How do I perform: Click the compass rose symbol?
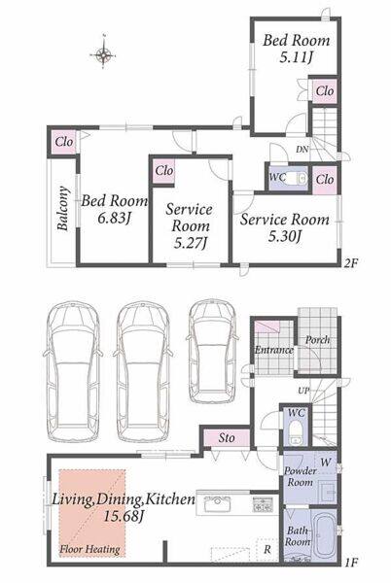[103, 55]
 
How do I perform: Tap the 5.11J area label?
[296, 57]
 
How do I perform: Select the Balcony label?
[63, 208]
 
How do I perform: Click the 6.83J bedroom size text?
[114, 219]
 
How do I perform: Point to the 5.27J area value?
[190, 243]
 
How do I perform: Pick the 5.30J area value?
[284, 235]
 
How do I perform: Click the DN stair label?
[302, 150]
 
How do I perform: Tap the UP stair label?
[303, 391]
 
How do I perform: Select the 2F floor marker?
[350, 263]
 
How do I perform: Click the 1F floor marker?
[350, 563]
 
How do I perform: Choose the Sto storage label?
[227, 438]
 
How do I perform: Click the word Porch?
[317, 339]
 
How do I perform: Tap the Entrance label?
[274, 350]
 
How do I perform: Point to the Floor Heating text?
[90, 549]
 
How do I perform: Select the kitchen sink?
[216, 503]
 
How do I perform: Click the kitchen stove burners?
[264, 504]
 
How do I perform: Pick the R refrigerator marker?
[267, 549]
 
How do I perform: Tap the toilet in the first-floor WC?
[296, 430]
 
